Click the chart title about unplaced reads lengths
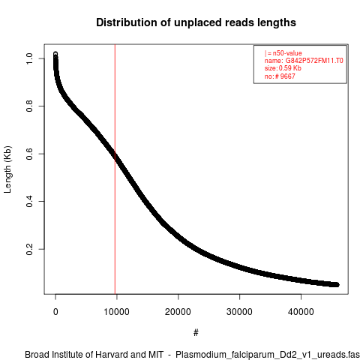coord(196,22)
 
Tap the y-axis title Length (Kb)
coord(7,169)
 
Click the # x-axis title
coord(196,333)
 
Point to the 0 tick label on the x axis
coord(55,312)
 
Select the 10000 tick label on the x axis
coord(117,312)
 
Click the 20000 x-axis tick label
coord(178,312)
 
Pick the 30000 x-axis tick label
coord(239,312)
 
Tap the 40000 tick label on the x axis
coord(301,312)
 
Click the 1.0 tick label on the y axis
coord(29,58)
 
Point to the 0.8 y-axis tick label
coord(29,106)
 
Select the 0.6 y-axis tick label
coord(29,154)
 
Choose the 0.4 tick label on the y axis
coord(29,201)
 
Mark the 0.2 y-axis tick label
coord(29,249)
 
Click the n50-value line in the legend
coord(283,53)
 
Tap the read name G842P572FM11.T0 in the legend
coord(314,61)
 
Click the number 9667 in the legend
coord(287,76)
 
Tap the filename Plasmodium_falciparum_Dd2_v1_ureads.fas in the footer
coord(268,355)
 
